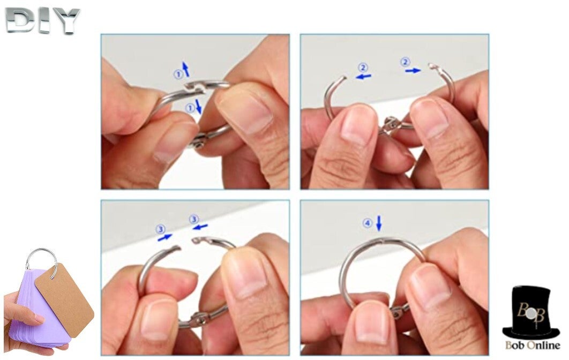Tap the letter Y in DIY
pyautogui.click(x=65, y=21)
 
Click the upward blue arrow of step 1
pyautogui.click(x=186, y=69)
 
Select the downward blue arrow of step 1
pyautogui.click(x=198, y=107)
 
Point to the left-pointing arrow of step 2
pyautogui.click(x=363, y=76)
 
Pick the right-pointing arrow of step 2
pyautogui.click(x=413, y=71)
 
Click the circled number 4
pyautogui.click(x=368, y=223)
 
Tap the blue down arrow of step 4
pyautogui.click(x=379, y=223)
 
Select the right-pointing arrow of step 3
pyautogui.click(x=165, y=237)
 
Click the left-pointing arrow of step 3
pyautogui.click(x=200, y=227)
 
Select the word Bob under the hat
pyautogui.click(x=515, y=345)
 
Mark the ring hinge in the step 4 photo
pyautogui.click(x=400, y=311)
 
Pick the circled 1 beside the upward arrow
pyautogui.click(x=178, y=75)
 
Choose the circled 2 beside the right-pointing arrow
pyautogui.click(x=405, y=62)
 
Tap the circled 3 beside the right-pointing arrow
pyautogui.click(x=160, y=229)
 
